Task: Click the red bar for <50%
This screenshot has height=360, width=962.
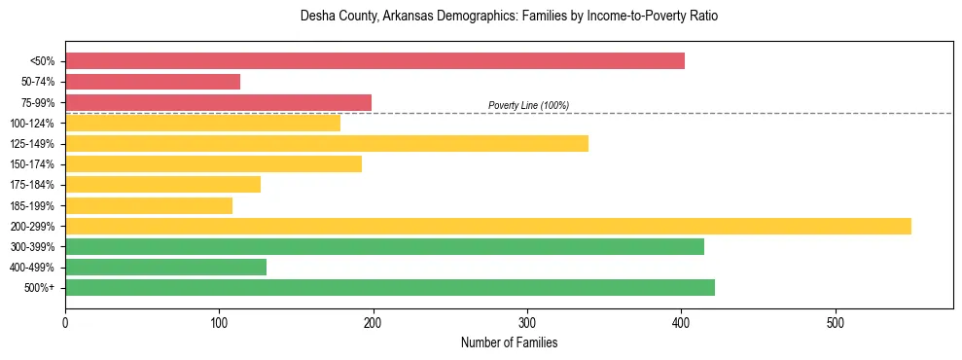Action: pos(374,61)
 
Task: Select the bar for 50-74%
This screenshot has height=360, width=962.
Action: pos(153,82)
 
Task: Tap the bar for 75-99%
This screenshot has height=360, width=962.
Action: pos(218,102)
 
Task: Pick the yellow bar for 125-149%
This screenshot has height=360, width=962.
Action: pos(327,144)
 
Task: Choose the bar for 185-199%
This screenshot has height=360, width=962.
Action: pos(149,205)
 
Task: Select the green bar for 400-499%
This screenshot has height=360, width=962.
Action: pos(165,267)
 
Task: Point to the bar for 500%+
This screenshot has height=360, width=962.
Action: pos(390,287)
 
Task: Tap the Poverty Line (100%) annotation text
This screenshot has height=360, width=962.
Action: pos(528,105)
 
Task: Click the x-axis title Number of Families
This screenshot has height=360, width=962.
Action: pos(509,342)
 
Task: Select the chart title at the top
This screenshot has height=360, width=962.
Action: pos(509,17)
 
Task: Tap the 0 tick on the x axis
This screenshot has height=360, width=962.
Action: pos(65,321)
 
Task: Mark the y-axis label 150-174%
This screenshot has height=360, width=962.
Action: pos(32,164)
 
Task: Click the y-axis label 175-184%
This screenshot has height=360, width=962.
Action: pos(32,185)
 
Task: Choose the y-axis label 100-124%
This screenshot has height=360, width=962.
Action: pos(32,124)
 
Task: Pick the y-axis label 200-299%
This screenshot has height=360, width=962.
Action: pos(32,227)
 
